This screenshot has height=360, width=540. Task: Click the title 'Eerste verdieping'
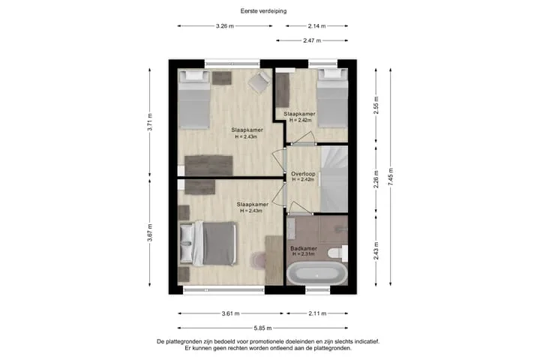click(263, 11)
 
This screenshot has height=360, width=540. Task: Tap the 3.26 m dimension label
click(225, 25)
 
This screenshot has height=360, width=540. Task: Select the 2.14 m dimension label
click(316, 25)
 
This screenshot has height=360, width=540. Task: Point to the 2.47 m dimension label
click(312, 40)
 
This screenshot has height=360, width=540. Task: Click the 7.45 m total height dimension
click(391, 177)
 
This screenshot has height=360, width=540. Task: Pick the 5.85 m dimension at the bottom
click(262, 328)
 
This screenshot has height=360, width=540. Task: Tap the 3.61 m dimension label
click(231, 313)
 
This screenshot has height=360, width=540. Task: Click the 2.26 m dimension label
click(376, 179)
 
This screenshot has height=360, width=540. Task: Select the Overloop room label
click(303, 174)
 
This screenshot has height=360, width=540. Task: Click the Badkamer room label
click(304, 248)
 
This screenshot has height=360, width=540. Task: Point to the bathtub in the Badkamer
click(316, 274)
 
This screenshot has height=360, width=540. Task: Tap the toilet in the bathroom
click(337, 253)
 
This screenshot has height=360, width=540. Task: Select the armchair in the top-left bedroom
click(259, 82)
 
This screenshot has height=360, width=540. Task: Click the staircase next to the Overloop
click(334, 178)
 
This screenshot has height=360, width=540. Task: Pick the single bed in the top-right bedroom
click(332, 98)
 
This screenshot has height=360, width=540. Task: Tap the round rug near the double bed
click(258, 260)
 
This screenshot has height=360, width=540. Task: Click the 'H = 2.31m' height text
click(304, 254)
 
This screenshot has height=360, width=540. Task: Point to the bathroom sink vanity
click(291, 229)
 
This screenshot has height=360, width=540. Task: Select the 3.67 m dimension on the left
click(150, 232)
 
